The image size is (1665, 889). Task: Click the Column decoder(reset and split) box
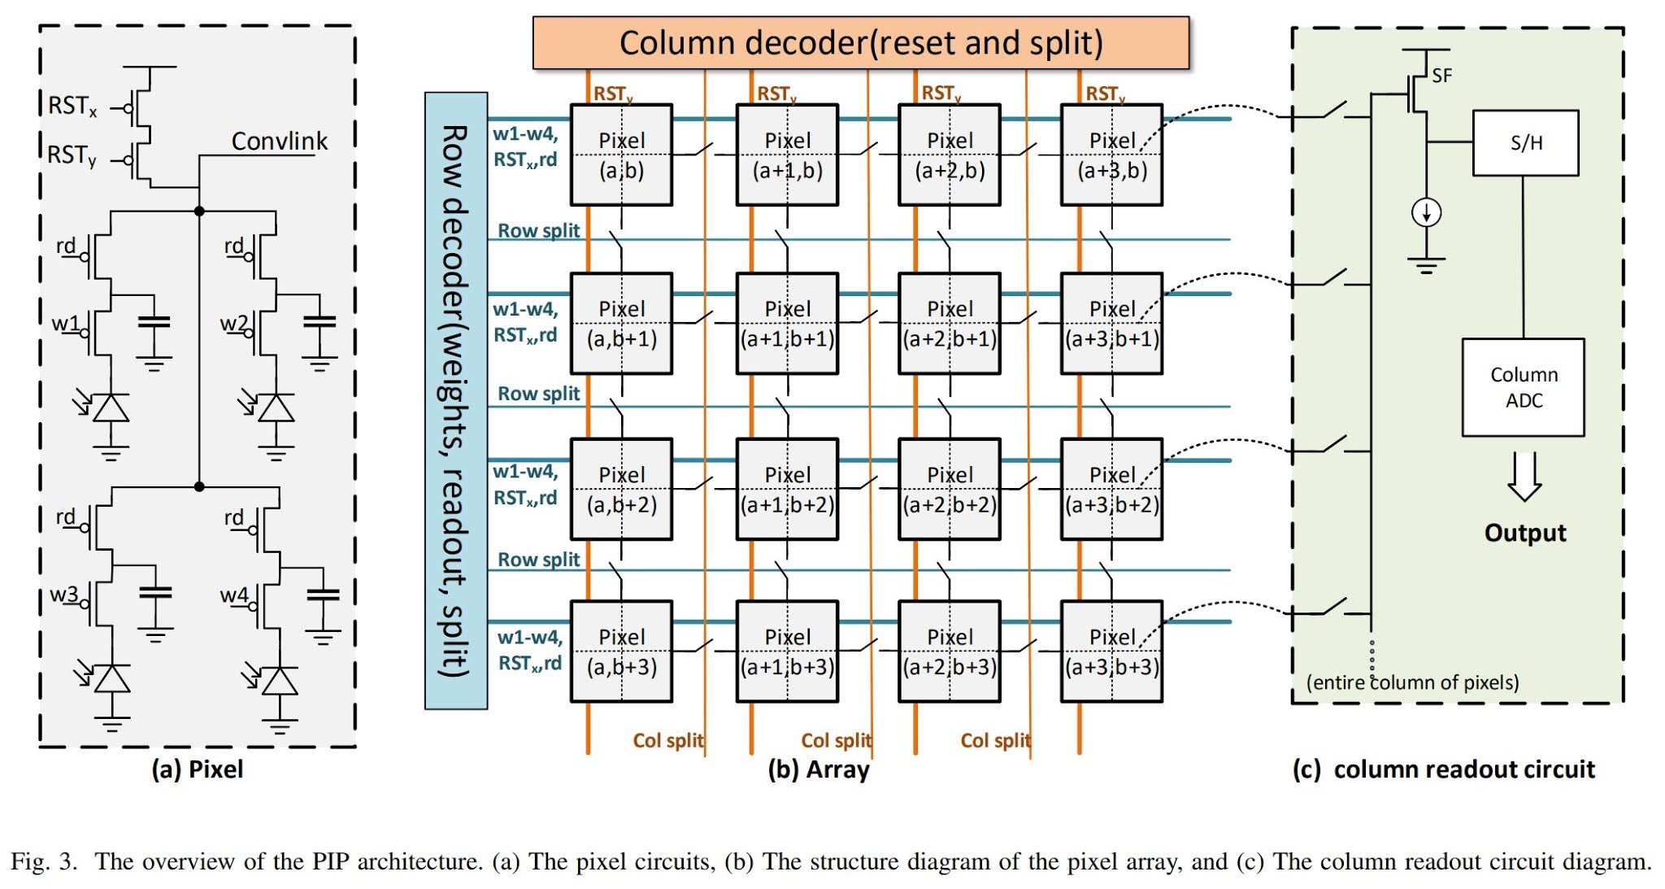pyautogui.click(x=860, y=42)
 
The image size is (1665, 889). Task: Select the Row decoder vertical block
pyautogui.click(x=455, y=400)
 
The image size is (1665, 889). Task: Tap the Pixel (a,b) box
pyautogui.click(x=621, y=155)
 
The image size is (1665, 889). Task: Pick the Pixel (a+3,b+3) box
pyautogui.click(x=1111, y=651)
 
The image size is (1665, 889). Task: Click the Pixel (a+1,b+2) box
pyautogui.click(x=786, y=489)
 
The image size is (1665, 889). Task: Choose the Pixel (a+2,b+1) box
pyautogui.click(x=949, y=323)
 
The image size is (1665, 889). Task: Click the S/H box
pyautogui.click(x=1525, y=143)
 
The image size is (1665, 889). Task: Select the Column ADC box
pyautogui.click(x=1523, y=387)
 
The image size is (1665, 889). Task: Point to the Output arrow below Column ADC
pyautogui.click(x=1524, y=477)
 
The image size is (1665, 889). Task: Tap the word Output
pyautogui.click(x=1524, y=533)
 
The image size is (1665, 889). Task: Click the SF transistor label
pyautogui.click(x=1441, y=76)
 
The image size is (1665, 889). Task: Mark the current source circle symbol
pyautogui.click(x=1426, y=213)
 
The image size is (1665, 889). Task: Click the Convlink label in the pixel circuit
pyautogui.click(x=279, y=142)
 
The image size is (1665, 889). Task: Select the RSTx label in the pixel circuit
pyautogui.click(x=72, y=106)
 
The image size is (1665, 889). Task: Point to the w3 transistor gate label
pyautogui.click(x=64, y=595)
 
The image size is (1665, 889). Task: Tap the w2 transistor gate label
pyautogui.click(x=233, y=324)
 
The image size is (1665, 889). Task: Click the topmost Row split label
pyautogui.click(x=538, y=231)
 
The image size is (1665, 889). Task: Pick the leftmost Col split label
pyautogui.click(x=667, y=740)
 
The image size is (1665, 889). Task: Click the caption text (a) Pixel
pyautogui.click(x=198, y=769)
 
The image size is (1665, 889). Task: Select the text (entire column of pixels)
pyautogui.click(x=1412, y=682)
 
